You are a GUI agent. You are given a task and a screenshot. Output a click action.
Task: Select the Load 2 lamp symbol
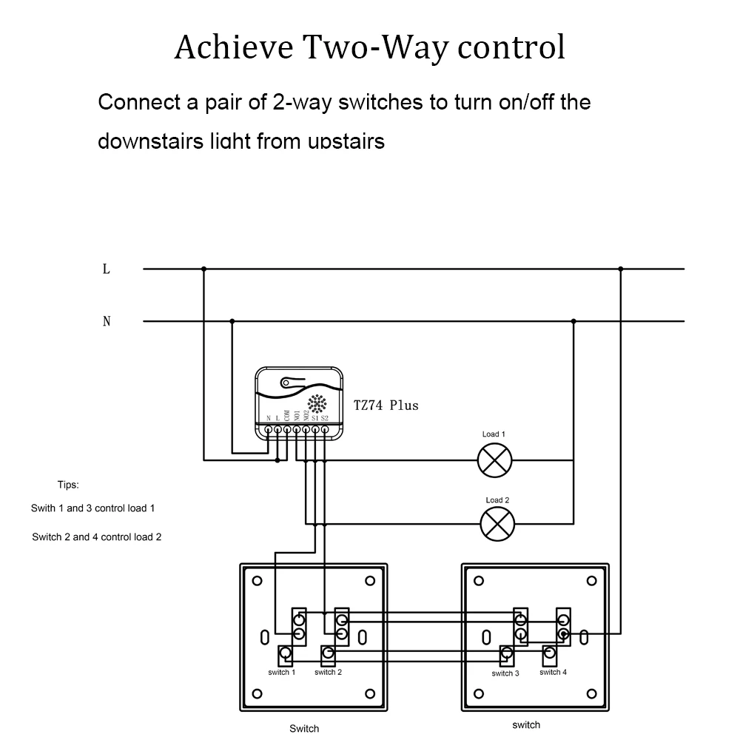coord(497,525)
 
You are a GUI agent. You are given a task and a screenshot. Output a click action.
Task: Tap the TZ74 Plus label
coord(386,405)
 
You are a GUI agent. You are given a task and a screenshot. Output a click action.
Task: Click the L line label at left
coord(107,269)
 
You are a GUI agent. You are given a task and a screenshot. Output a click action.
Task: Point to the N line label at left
coord(107,321)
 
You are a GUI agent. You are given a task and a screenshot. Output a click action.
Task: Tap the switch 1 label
coord(282,672)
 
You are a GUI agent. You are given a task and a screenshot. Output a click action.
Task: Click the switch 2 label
coord(328,672)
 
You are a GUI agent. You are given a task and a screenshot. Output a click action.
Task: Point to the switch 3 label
coord(505,673)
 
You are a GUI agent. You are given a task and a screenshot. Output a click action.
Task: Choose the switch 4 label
coord(553,672)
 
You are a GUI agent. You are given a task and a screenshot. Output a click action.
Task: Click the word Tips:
coord(68,485)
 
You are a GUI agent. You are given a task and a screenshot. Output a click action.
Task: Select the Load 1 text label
coord(494,434)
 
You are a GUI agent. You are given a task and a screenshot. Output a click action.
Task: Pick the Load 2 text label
coord(497,500)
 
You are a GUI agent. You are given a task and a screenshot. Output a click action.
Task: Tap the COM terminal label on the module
coord(287,416)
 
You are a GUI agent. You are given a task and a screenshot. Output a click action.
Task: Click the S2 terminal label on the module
coord(324,419)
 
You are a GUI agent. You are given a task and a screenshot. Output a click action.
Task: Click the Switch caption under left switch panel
coord(304,728)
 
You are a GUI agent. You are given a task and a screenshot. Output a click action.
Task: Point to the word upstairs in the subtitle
coord(345,141)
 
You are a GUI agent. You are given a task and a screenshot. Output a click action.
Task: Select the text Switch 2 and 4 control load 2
coord(96,537)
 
